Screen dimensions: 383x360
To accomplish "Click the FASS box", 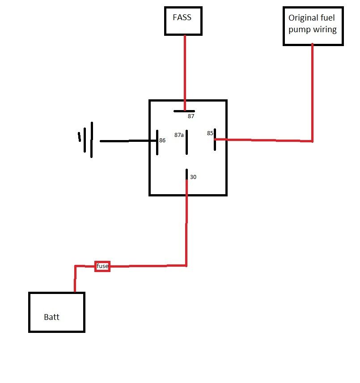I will coord(183,21).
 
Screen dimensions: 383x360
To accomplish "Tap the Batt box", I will coord(57,312).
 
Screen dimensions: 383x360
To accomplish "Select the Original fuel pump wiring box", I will coord(313,26).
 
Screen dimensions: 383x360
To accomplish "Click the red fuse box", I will coord(102,266).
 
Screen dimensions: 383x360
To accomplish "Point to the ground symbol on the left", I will coord(87,140).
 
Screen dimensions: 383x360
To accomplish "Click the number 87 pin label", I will coord(191,116).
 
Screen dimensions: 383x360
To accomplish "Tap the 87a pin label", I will coord(179,134).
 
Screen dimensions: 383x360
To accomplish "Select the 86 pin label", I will coord(162,140).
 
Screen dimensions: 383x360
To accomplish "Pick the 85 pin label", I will coord(210,133).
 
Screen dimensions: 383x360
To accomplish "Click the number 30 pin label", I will coord(193,177).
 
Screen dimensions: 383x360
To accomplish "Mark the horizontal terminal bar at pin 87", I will coord(184,111).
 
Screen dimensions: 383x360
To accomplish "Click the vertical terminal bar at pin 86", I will coord(157,142).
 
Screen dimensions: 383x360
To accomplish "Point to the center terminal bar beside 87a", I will coord(187,142).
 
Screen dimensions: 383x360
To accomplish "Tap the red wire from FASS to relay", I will coord(184,72).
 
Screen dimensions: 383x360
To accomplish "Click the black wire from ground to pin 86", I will coord(127,141).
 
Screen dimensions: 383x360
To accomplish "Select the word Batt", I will coord(51,317).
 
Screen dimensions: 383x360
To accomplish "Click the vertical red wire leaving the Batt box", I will coord(75,280).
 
